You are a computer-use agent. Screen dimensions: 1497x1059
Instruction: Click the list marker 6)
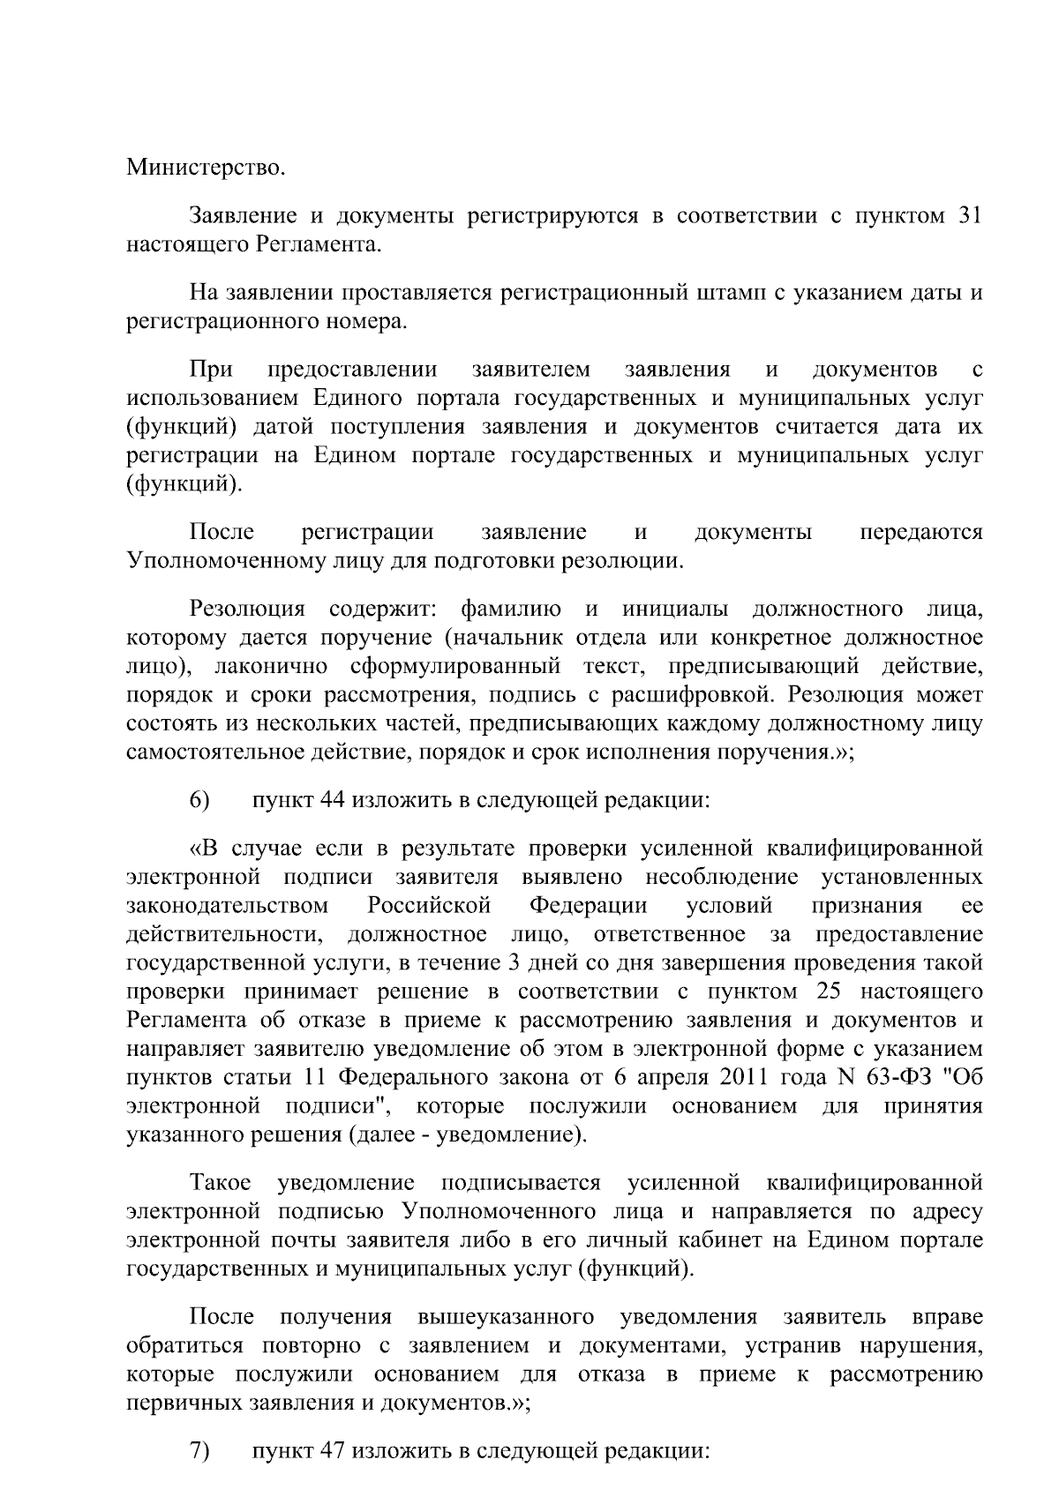pos(199,800)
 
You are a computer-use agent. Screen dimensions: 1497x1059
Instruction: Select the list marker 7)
pos(199,1452)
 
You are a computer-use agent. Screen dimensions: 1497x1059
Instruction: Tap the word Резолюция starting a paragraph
pos(247,609)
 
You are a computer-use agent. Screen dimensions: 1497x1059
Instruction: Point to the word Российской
pos(429,905)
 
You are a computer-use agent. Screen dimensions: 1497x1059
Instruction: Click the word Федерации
pos(589,905)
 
